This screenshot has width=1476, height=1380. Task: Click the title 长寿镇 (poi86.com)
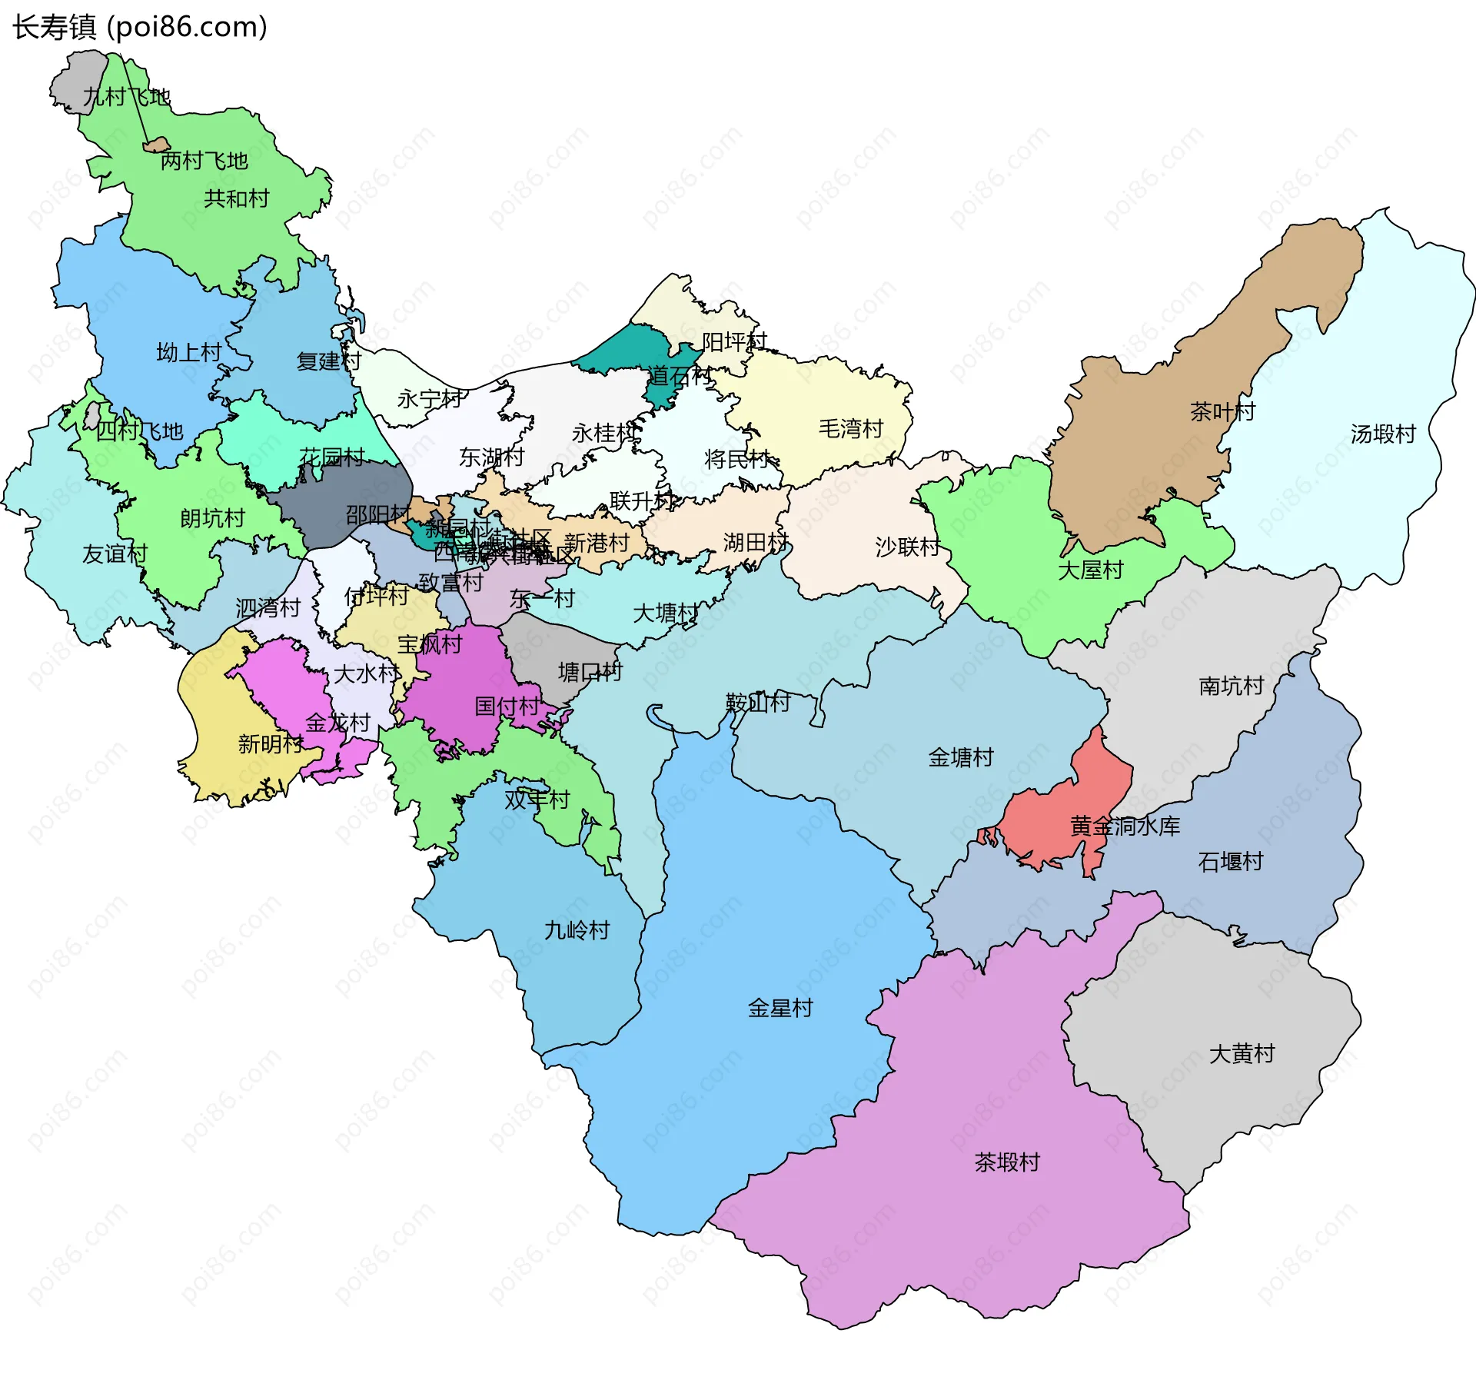pyautogui.click(x=139, y=27)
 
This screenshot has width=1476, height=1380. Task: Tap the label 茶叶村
pyautogui.click(x=1222, y=411)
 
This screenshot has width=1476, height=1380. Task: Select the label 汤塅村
pyautogui.click(x=1383, y=434)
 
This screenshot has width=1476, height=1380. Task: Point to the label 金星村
pyautogui.click(x=780, y=1007)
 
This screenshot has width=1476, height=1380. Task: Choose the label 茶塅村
pyautogui.click(x=1007, y=1161)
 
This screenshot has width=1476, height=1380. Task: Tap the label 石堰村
pyautogui.click(x=1231, y=861)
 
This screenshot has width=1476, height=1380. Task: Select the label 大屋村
pyautogui.click(x=1091, y=570)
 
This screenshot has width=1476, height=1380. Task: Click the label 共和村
pyautogui.click(x=237, y=198)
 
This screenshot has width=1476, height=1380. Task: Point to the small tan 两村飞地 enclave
pyautogui.click(x=158, y=145)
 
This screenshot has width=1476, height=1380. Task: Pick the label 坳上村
pyautogui.click(x=189, y=352)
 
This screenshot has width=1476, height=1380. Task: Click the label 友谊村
pyautogui.click(x=115, y=554)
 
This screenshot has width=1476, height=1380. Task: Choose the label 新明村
pyautogui.click(x=271, y=743)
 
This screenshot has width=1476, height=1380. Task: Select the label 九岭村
pyautogui.click(x=577, y=930)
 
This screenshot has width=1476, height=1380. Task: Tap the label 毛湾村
pyautogui.click(x=851, y=428)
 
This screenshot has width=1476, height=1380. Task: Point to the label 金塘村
pyautogui.click(x=961, y=757)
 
